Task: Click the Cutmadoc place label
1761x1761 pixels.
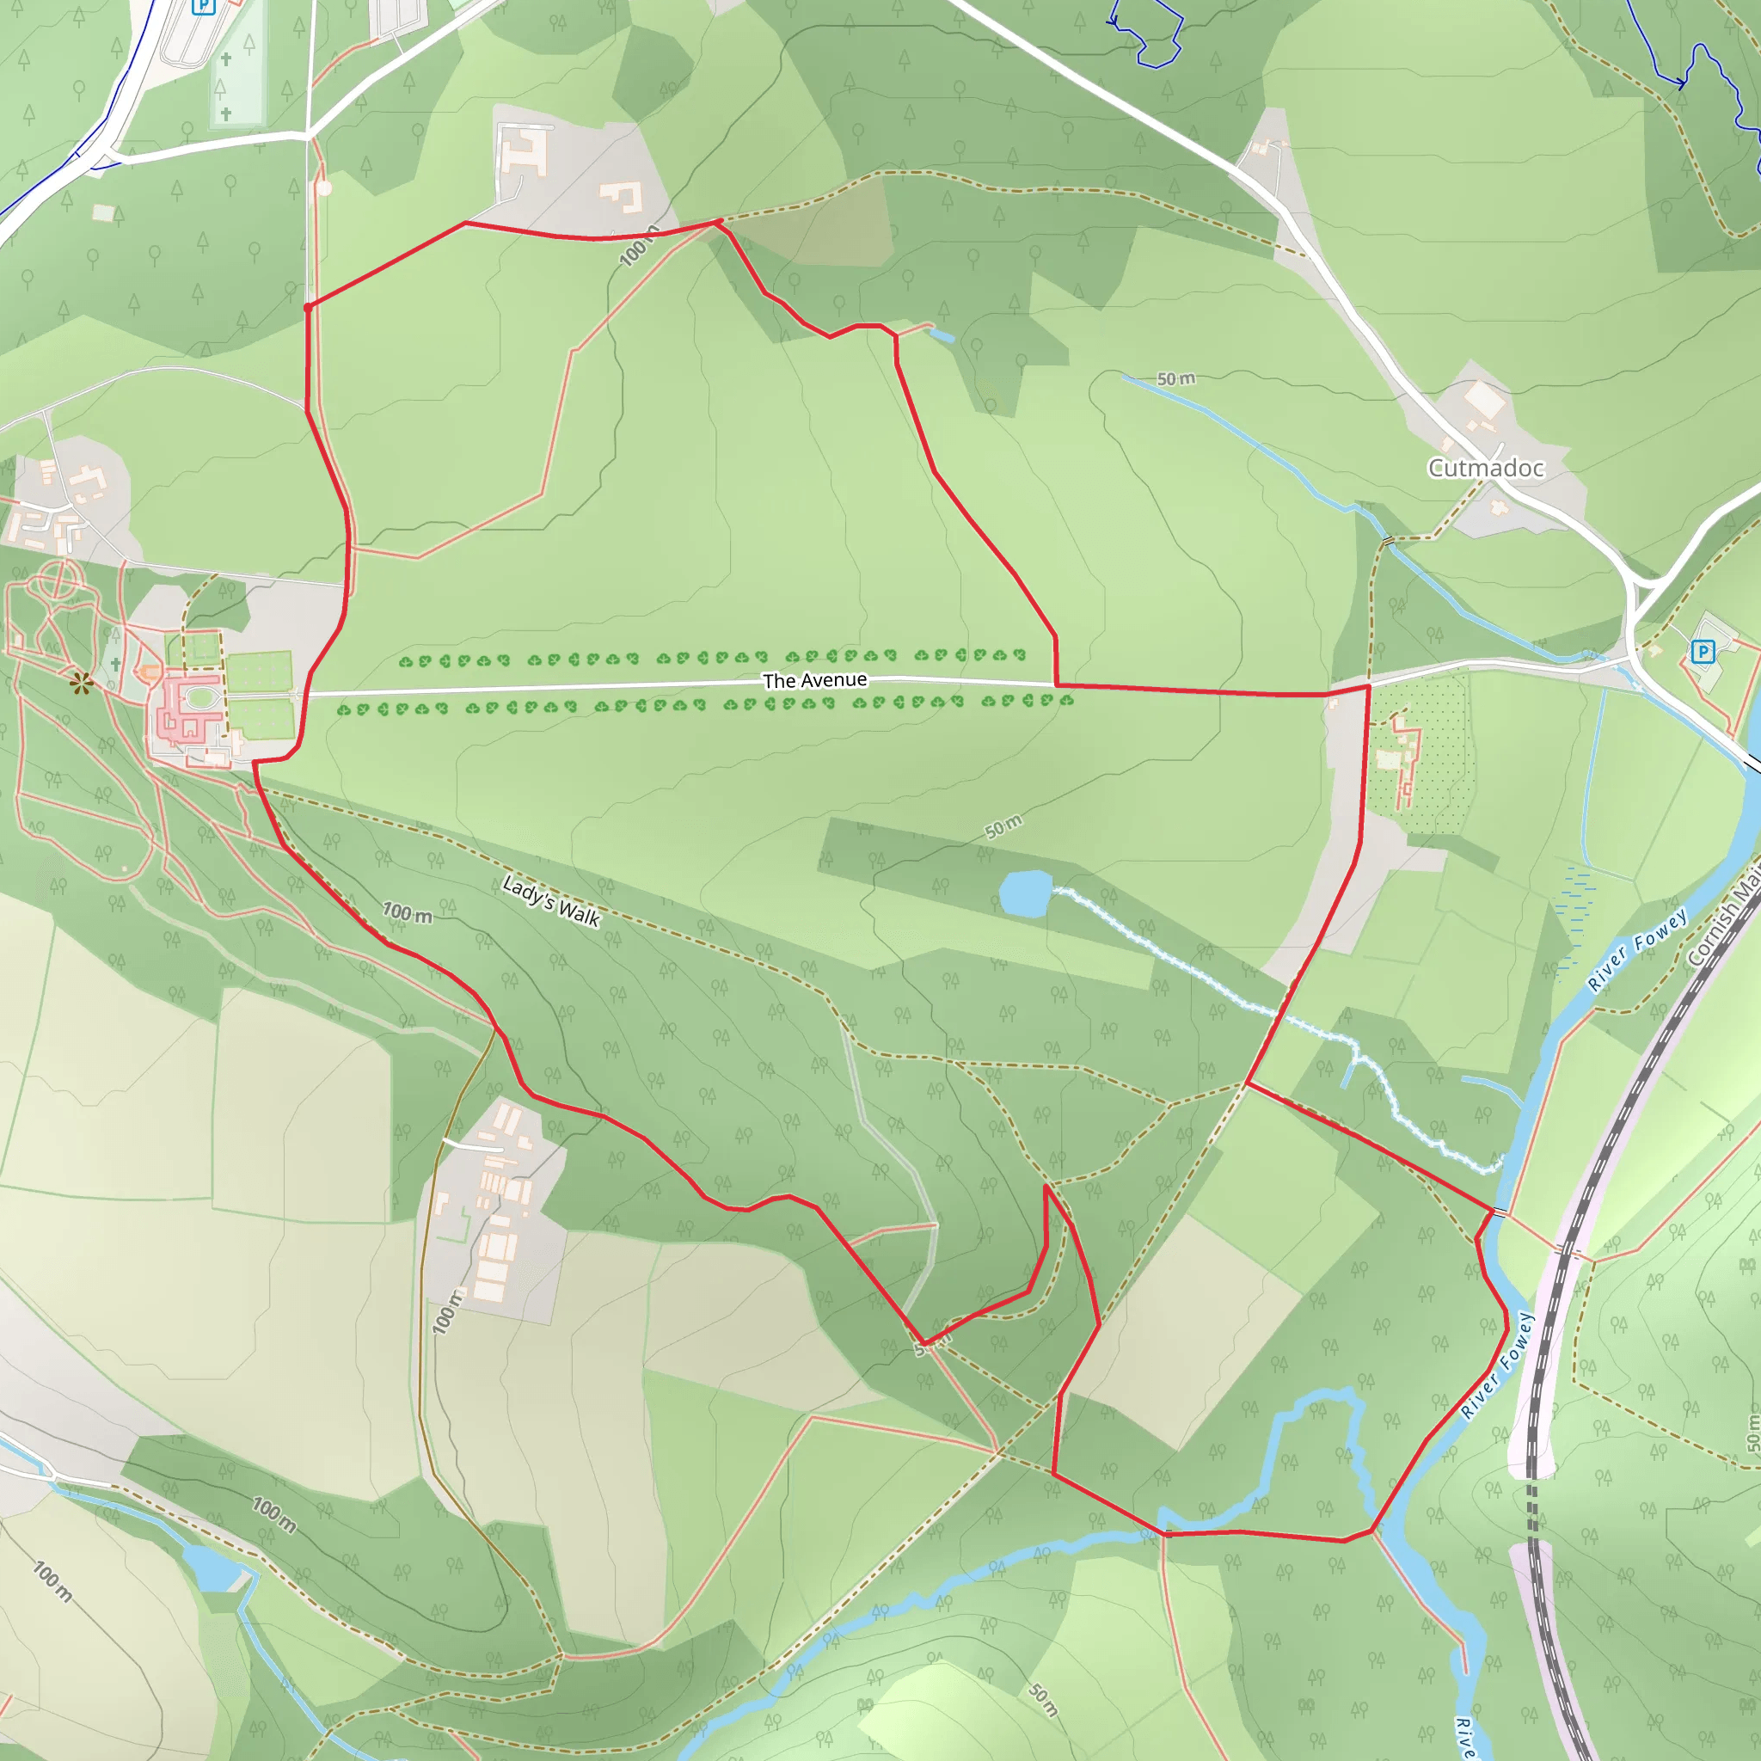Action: pos(1486,468)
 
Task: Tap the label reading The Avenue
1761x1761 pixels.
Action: pos(815,680)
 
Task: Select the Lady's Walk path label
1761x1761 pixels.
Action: pos(551,901)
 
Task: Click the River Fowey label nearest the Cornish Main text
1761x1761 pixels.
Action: pos(1637,950)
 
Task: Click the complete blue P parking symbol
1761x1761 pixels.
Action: pos(1702,652)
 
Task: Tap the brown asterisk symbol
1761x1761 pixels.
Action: pos(82,683)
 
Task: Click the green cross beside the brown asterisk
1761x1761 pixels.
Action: pos(116,665)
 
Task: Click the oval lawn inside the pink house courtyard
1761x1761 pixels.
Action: pos(202,698)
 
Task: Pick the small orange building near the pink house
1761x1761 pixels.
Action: pos(150,673)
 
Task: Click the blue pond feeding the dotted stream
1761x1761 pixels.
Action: pos(1026,893)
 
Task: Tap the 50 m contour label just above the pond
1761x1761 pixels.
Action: pos(1003,826)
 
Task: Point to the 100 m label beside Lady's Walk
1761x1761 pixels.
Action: pos(407,912)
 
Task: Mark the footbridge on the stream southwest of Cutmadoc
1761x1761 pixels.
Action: pos(1387,542)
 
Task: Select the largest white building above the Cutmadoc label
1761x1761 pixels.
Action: pos(1483,398)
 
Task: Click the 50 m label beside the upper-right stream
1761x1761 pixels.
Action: pos(1175,378)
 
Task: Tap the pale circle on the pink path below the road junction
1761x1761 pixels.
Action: pos(323,188)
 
